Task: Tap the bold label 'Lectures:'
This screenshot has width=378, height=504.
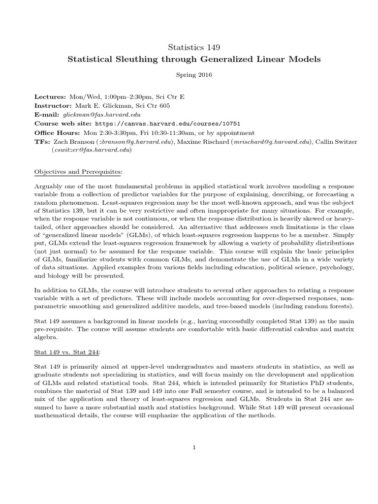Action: click(x=51, y=96)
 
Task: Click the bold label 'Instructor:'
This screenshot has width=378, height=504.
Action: click(x=54, y=105)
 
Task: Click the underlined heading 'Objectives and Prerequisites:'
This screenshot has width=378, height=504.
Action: click(x=77, y=171)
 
